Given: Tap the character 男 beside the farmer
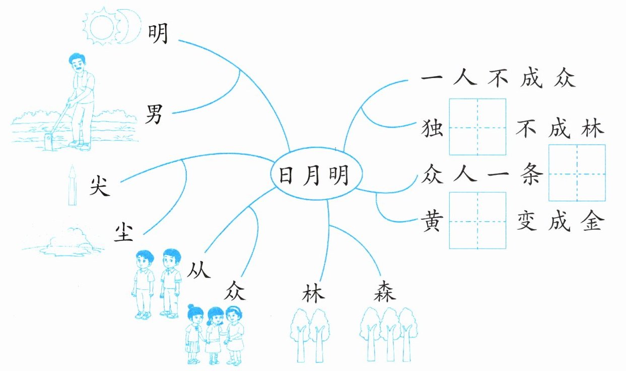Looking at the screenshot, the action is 155,114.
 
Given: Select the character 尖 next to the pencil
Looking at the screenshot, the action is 99,187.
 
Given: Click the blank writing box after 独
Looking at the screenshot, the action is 477,127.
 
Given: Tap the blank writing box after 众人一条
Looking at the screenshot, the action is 577,173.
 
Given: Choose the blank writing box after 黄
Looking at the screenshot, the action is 477,221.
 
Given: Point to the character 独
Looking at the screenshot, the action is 433,130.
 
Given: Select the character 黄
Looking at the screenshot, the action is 433,222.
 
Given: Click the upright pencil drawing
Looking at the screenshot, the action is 72,187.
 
